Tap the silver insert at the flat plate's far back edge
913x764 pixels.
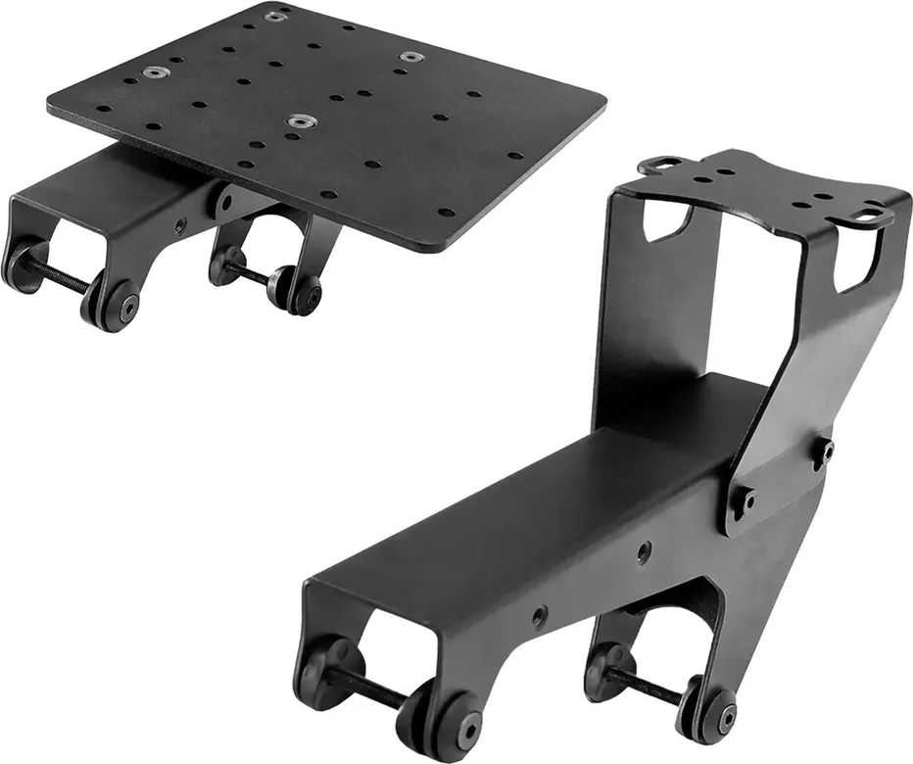click(x=276, y=17)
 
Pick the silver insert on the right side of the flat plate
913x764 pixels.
click(x=410, y=57)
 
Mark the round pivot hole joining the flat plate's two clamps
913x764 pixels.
click(x=227, y=204)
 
